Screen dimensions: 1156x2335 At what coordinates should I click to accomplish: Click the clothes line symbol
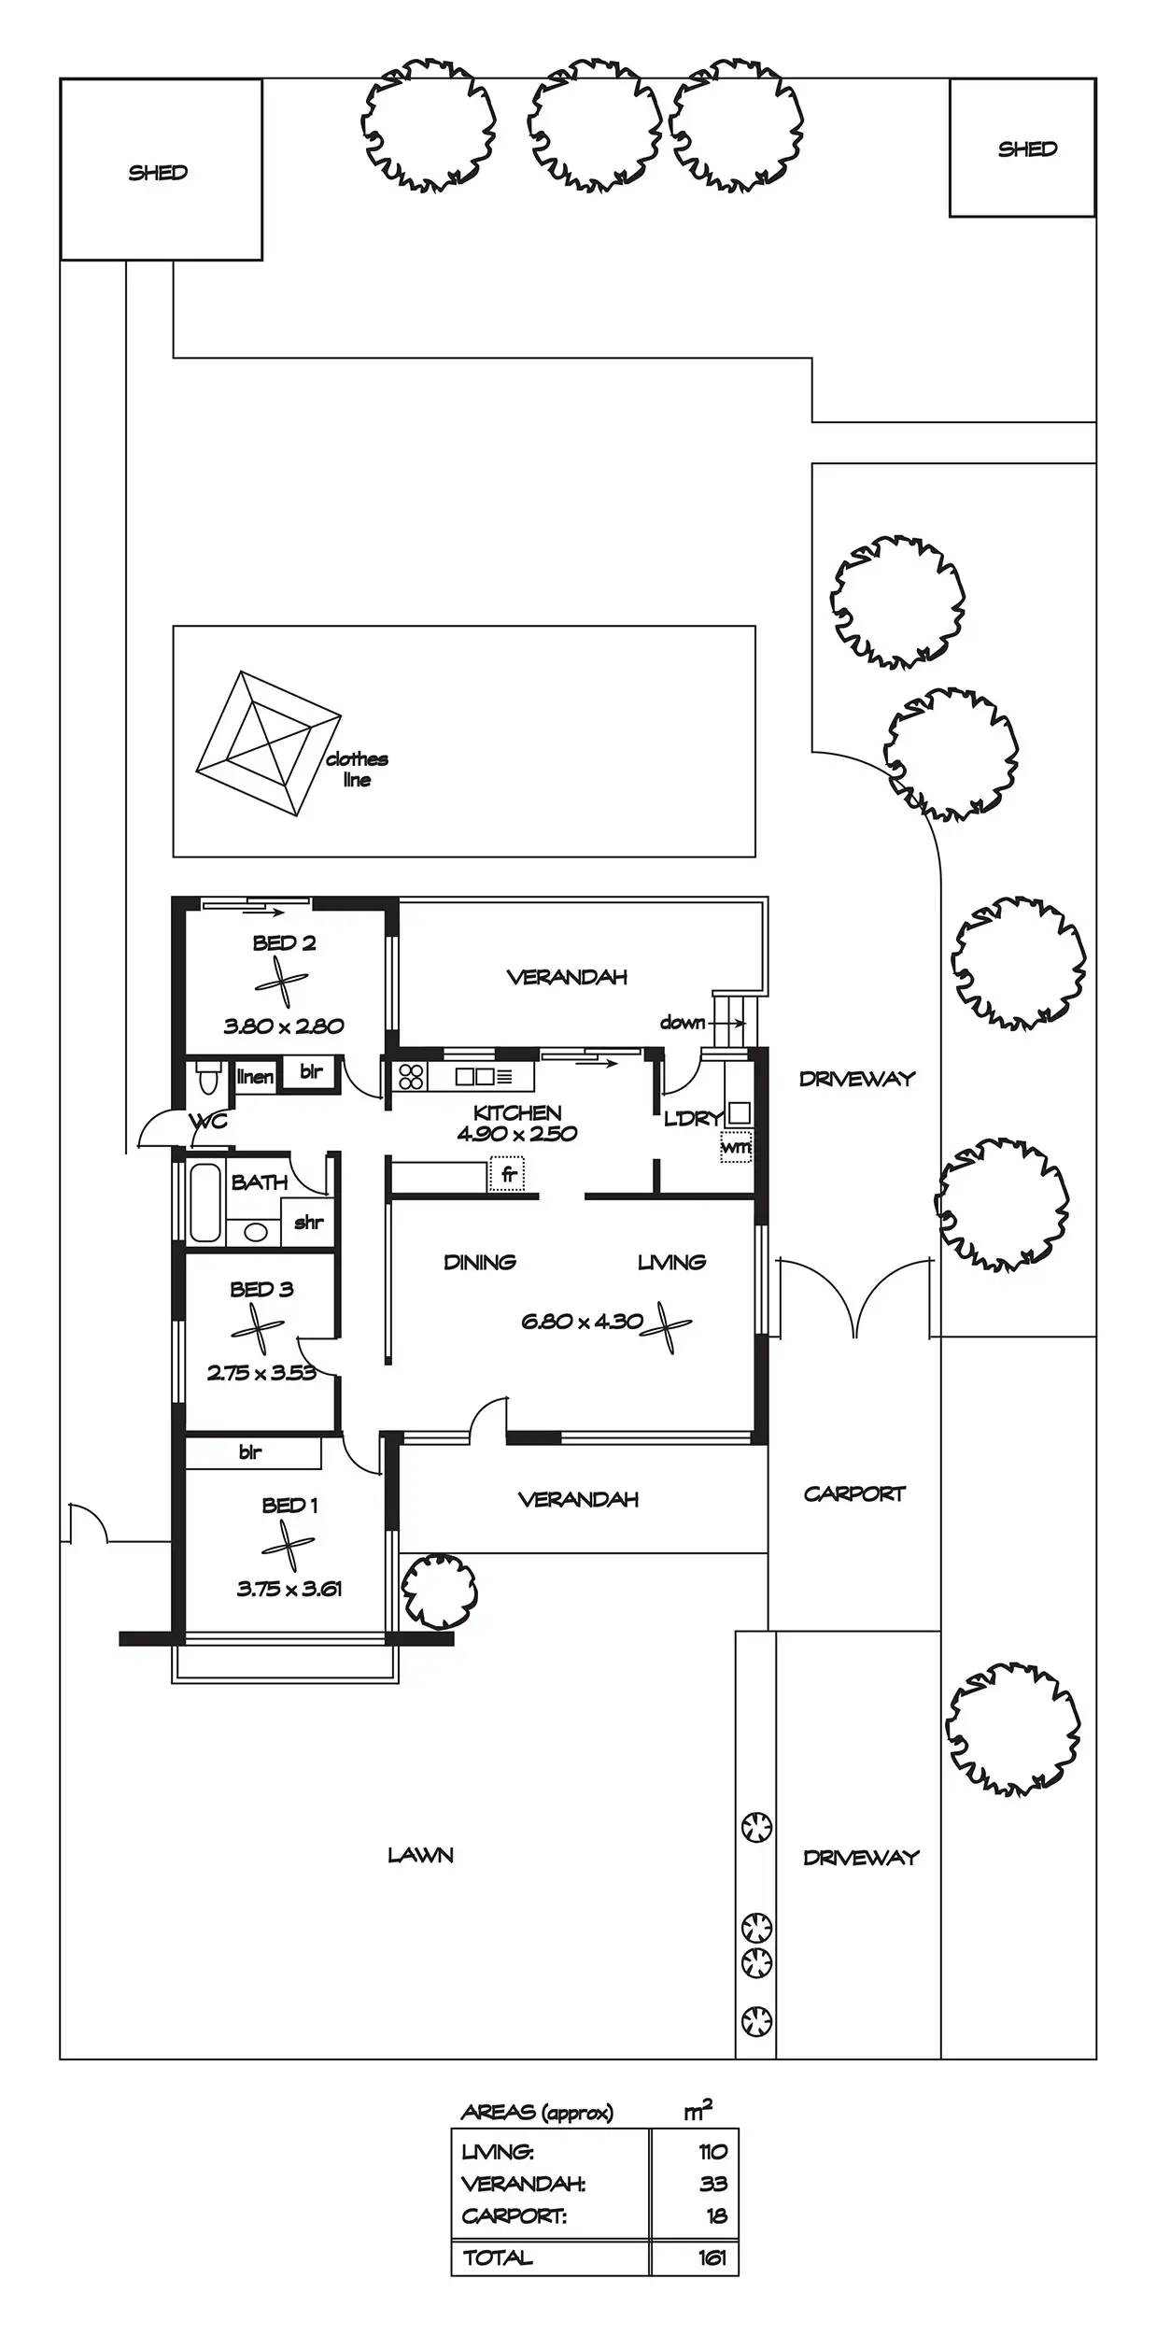268,743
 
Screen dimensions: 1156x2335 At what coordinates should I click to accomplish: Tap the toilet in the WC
209,1078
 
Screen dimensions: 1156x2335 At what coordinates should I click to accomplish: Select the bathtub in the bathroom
204,1203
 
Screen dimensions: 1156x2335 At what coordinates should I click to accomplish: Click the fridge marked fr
507,1173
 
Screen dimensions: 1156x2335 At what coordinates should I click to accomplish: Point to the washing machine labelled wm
736,1146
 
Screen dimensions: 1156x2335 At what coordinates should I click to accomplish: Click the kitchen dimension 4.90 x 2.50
517,1134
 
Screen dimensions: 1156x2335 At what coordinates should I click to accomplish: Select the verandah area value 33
713,2184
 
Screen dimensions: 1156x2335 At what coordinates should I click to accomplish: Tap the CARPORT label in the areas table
515,2215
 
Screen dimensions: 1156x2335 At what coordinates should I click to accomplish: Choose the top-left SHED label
158,173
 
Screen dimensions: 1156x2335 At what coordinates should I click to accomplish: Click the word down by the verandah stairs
683,1023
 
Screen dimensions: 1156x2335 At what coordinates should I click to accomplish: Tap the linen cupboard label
255,1077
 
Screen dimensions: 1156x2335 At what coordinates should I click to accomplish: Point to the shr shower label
309,1223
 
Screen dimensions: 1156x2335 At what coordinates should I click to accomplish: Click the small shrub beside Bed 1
438,1589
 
